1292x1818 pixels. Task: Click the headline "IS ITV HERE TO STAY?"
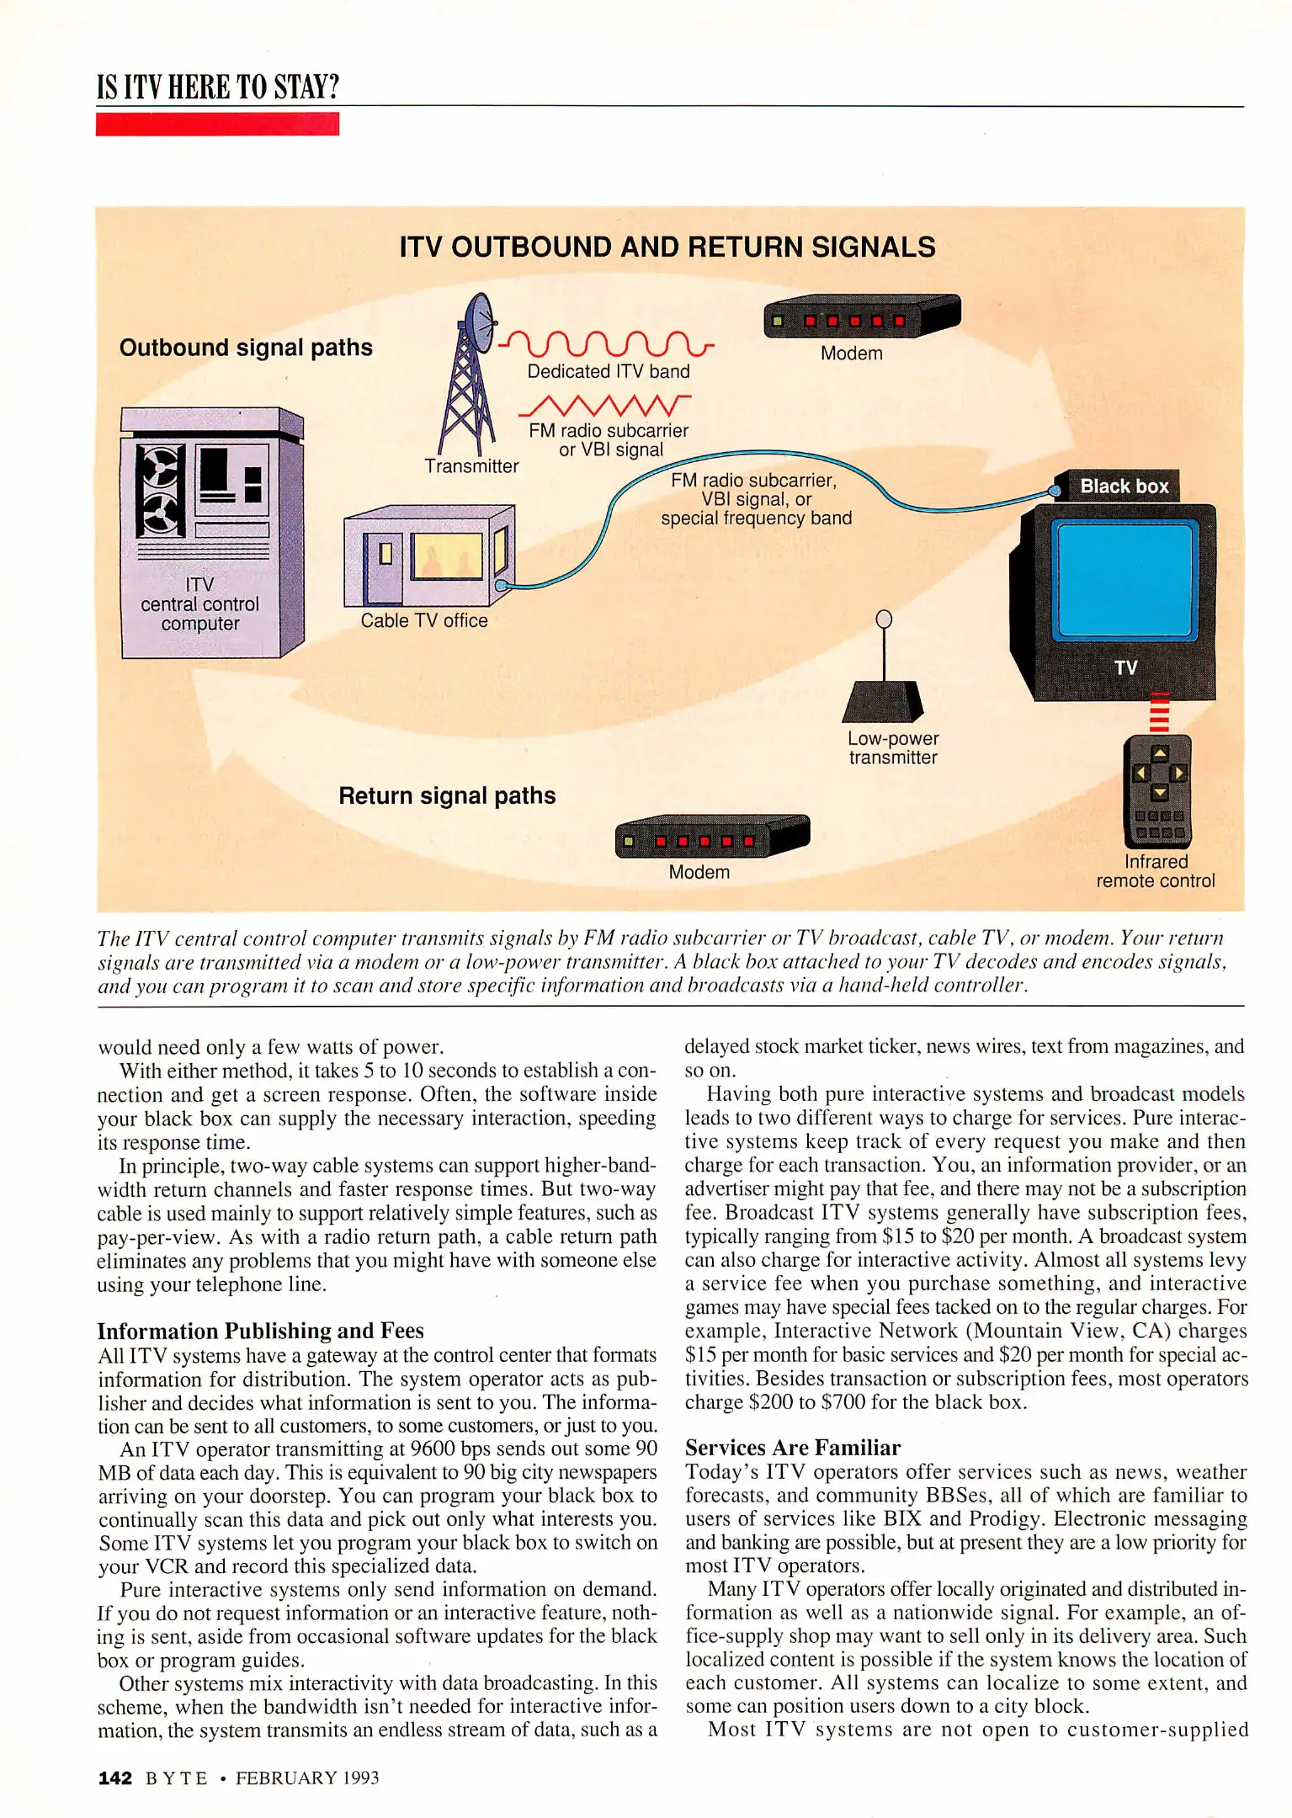tap(218, 87)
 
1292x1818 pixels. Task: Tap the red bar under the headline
tap(217, 124)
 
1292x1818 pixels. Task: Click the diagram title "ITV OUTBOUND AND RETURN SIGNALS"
tap(667, 247)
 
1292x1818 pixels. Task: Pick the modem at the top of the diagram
tap(860, 316)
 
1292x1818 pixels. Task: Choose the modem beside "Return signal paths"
tap(711, 837)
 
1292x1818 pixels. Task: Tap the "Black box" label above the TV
tap(1124, 486)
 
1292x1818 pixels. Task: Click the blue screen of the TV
tap(1125, 579)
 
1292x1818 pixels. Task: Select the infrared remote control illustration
tap(1158, 791)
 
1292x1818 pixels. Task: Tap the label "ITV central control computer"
tap(200, 604)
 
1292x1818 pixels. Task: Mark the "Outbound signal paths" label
tap(246, 348)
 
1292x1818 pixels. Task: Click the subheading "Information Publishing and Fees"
tap(260, 1331)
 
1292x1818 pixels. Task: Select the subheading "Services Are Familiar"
tap(792, 1448)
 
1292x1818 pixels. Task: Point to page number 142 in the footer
tap(115, 1778)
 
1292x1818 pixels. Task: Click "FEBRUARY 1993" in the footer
tap(307, 1778)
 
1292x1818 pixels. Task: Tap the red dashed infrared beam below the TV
tap(1159, 713)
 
